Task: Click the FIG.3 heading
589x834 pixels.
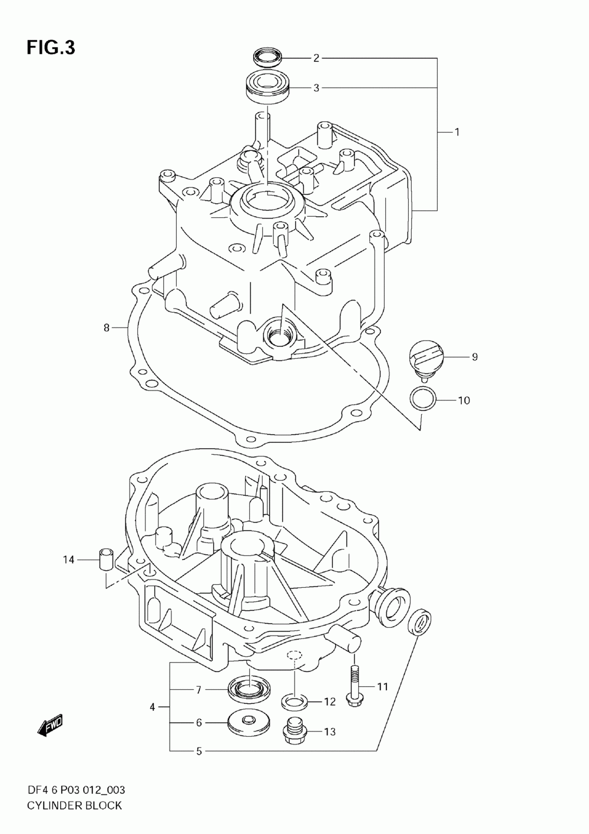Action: point(51,48)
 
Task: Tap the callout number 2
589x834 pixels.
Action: point(316,58)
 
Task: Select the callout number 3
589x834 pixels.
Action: point(316,88)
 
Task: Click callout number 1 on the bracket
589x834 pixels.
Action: point(457,132)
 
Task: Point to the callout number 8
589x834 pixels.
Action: point(107,327)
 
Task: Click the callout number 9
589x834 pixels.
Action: point(475,357)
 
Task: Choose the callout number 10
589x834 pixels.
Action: point(464,401)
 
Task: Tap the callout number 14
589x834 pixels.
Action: point(68,560)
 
